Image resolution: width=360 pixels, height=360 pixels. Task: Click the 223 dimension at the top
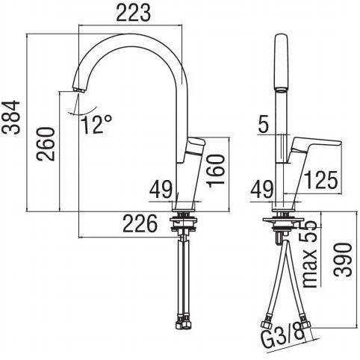(134, 13)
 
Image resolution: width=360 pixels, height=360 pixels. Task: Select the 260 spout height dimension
(45, 144)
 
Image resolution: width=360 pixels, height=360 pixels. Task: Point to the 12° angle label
(96, 124)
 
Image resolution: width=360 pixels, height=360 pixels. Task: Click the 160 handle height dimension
(215, 170)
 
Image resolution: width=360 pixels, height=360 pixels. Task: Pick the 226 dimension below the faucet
(140, 223)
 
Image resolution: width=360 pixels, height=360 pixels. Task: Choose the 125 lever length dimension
(321, 180)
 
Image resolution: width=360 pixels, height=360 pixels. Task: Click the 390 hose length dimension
(344, 260)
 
